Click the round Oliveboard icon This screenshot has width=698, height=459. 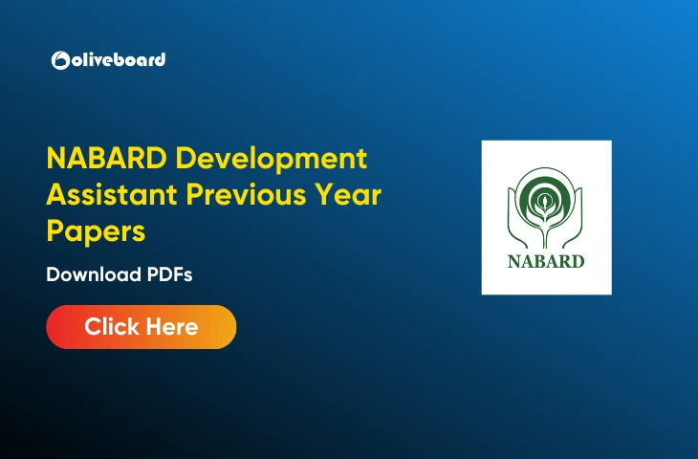coord(59,60)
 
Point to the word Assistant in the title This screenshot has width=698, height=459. coord(112,196)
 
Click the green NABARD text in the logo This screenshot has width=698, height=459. coord(546,260)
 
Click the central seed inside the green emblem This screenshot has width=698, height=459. coord(546,202)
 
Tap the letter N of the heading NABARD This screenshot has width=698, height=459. coord(56,160)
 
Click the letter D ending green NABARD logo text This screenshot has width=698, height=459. coord(577,260)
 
